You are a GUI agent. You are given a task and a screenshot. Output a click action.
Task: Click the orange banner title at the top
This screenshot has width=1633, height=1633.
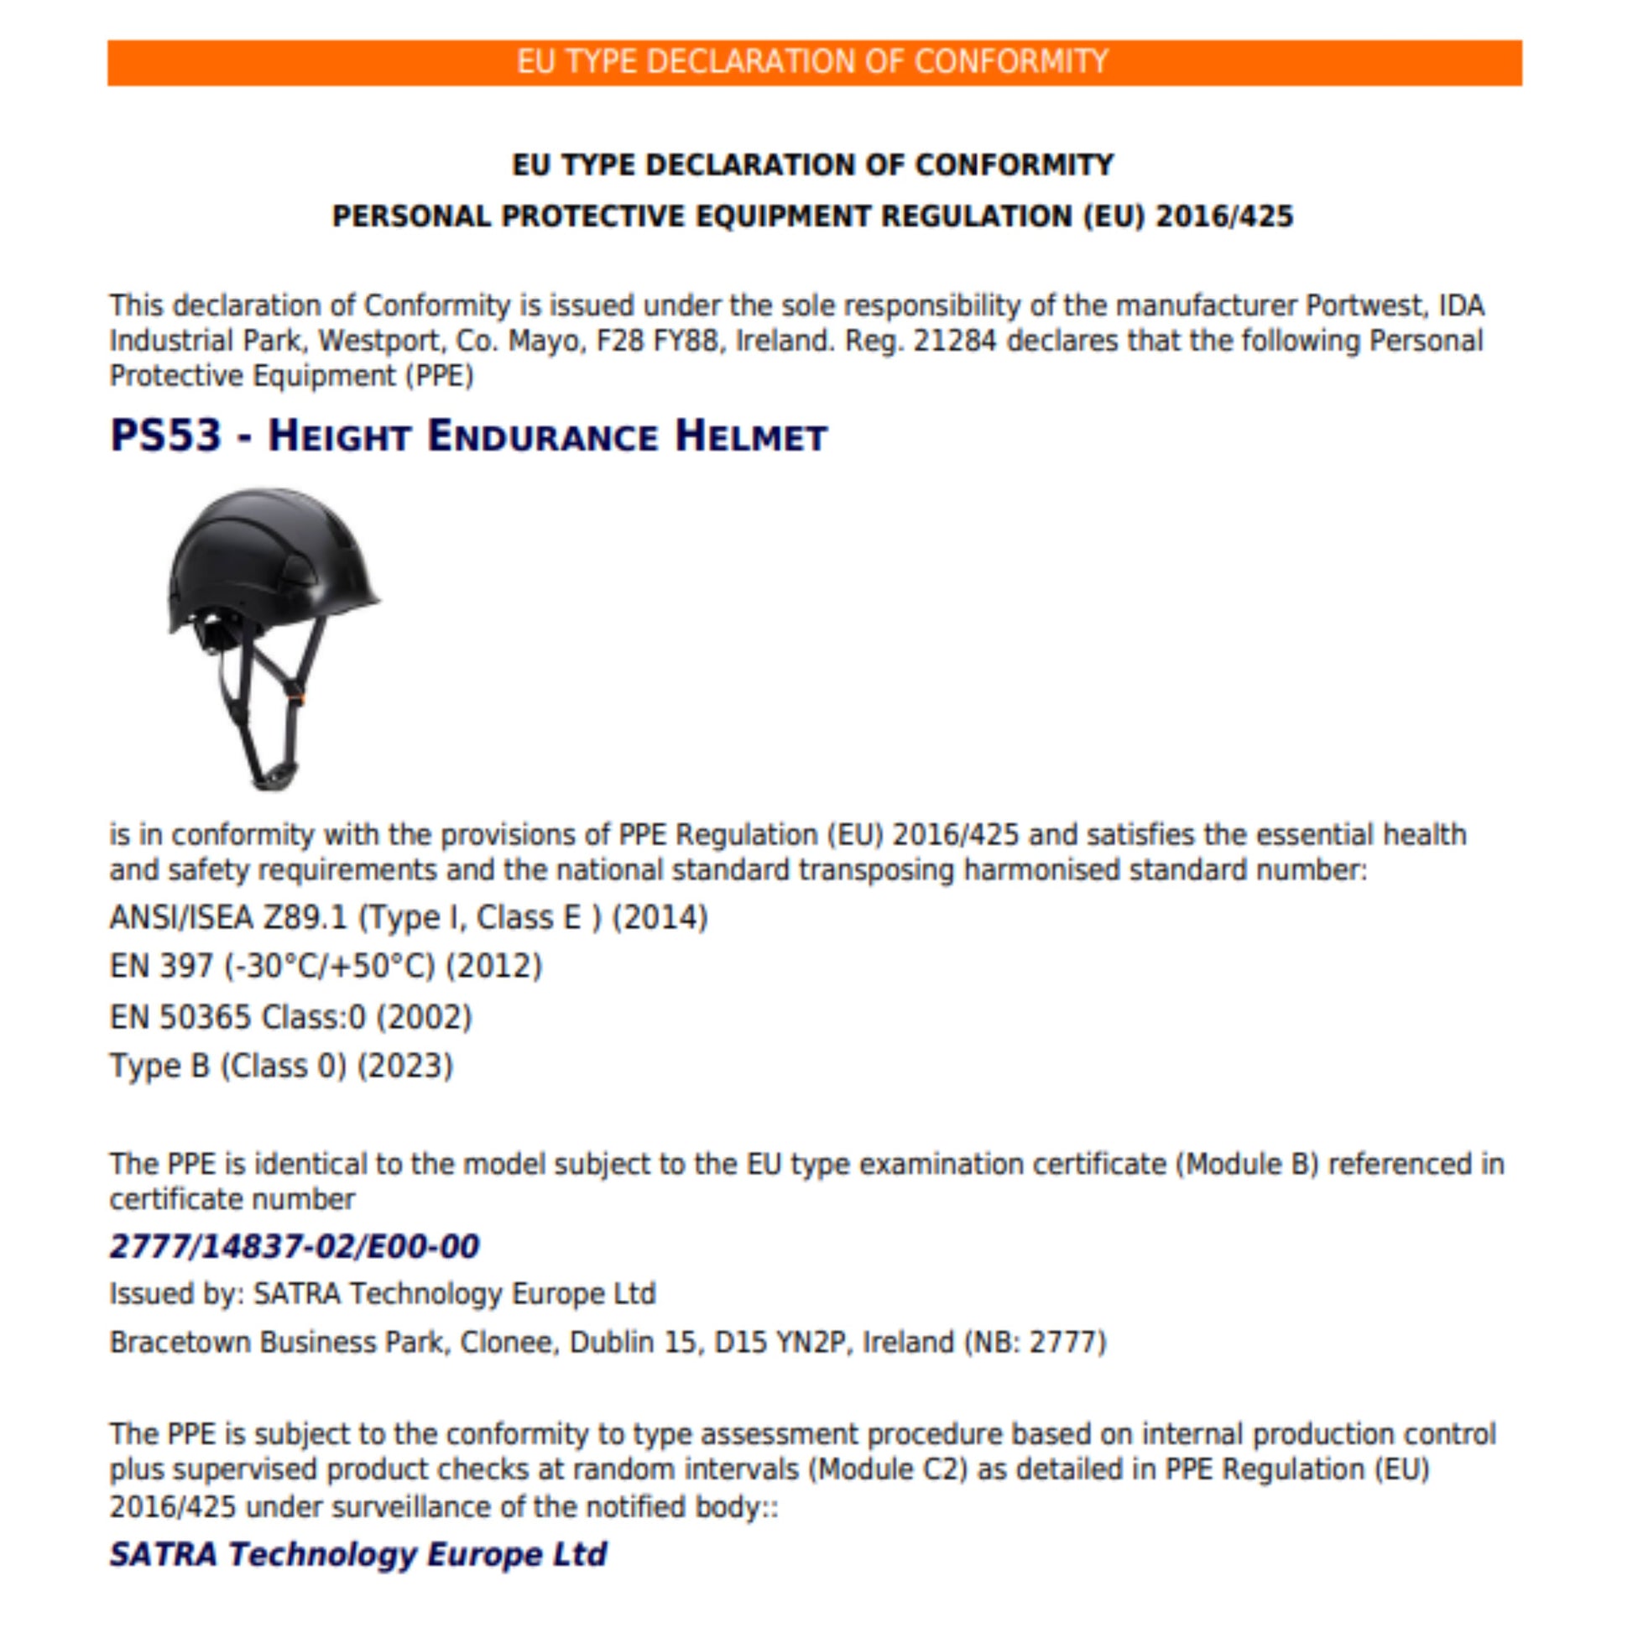tap(812, 62)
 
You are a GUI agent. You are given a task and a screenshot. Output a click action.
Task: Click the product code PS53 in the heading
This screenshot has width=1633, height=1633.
tap(165, 436)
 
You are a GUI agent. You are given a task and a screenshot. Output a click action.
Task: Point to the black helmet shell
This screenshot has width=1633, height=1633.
tap(270, 550)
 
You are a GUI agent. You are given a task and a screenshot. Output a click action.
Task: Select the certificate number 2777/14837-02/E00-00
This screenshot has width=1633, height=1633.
tap(295, 1247)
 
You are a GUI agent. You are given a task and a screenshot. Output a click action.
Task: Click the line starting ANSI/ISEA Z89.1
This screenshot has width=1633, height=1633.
tap(408, 918)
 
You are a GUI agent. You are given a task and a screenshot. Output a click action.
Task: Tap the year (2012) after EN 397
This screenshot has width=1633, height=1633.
tap(493, 966)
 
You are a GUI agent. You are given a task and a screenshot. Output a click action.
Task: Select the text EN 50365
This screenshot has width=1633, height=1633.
tap(180, 1017)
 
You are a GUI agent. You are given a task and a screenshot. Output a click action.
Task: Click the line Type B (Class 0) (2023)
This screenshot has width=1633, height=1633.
tap(281, 1066)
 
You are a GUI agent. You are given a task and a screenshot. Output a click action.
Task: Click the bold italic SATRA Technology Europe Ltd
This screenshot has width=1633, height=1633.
tap(357, 1553)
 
